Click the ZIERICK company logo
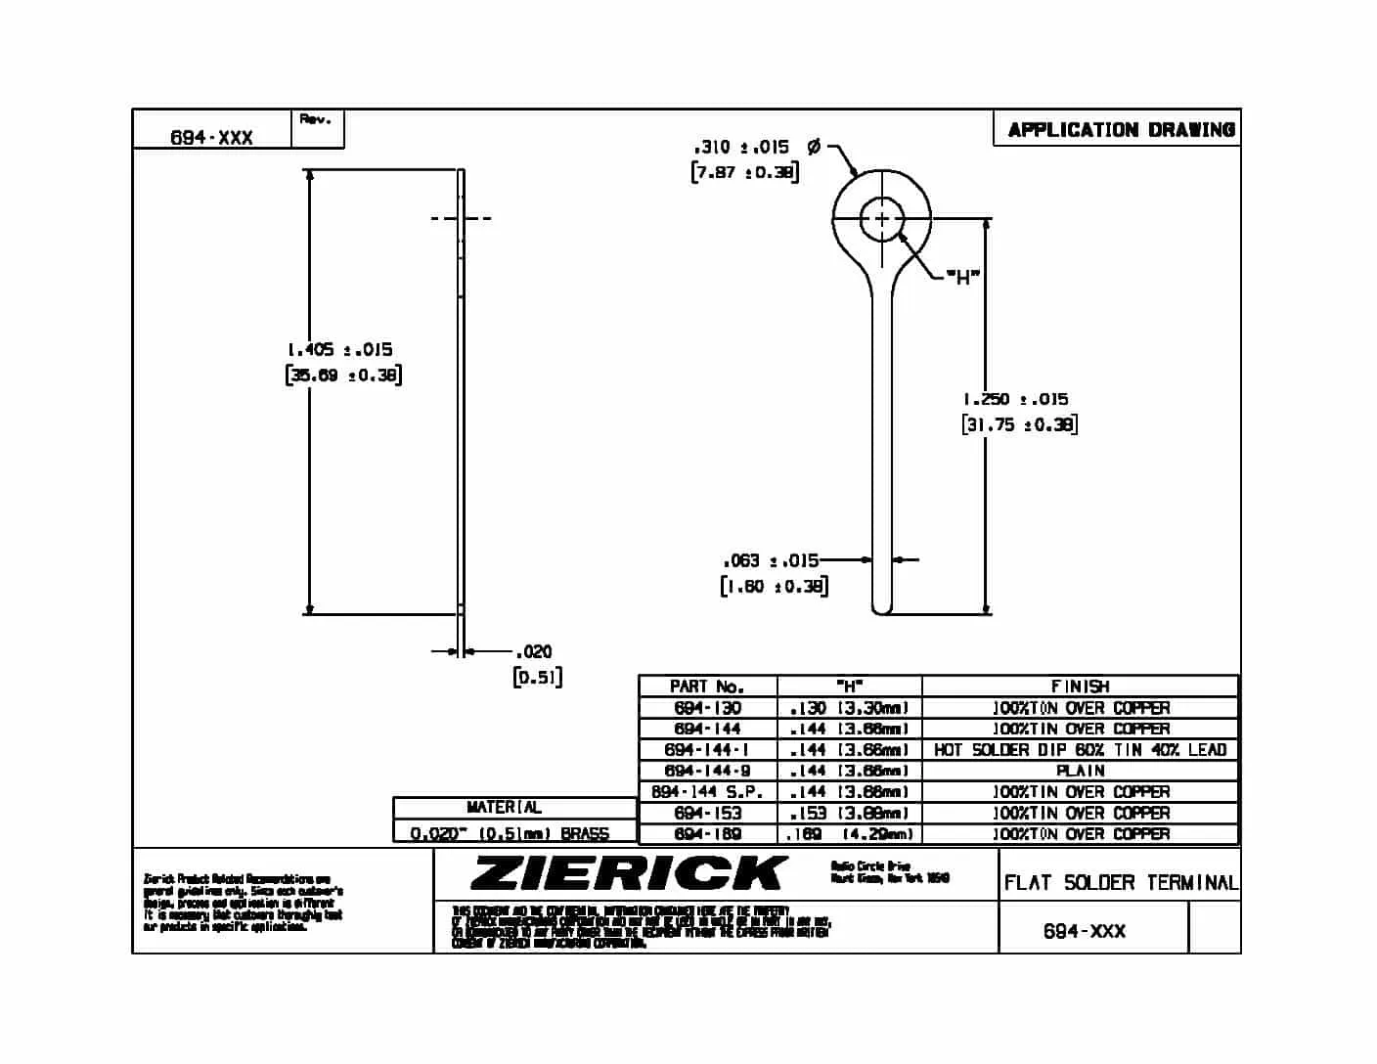628,872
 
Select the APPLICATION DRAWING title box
1120,129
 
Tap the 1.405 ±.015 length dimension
340,349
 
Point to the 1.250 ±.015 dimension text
1015,399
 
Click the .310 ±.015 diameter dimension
741,147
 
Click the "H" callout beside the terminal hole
962,278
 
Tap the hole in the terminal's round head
881,218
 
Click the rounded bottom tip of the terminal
882,608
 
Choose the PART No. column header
707,687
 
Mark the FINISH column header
1080,687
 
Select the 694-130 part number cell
707,708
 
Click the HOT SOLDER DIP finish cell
1080,750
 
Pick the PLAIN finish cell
1080,771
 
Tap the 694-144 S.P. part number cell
707,792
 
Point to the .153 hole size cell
849,813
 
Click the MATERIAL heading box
504,808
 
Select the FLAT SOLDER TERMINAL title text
1120,883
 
